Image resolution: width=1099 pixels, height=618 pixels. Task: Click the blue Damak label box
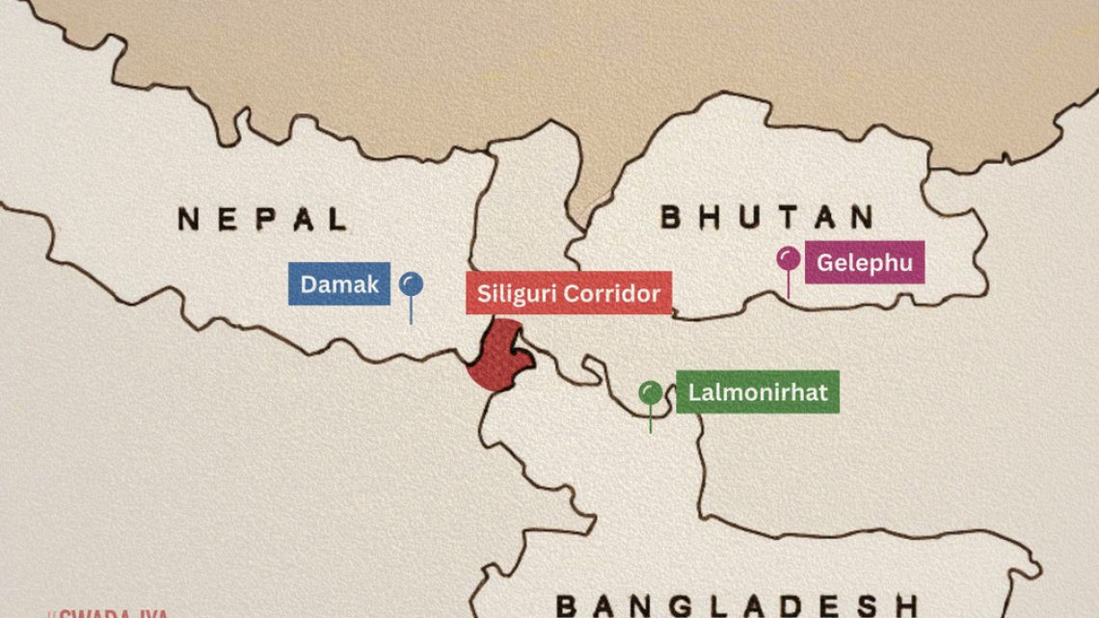tap(338, 284)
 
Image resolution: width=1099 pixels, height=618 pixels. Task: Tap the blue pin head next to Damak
tap(412, 283)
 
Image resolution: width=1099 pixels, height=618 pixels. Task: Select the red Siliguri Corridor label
tap(569, 293)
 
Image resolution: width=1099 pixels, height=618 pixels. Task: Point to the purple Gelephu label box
tap(864, 262)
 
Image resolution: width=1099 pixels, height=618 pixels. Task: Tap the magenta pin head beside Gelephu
tap(789, 258)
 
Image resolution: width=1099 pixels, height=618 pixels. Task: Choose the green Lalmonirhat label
tap(757, 392)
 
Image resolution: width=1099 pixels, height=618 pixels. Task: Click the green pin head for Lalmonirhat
tap(651, 391)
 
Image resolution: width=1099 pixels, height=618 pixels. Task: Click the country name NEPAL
tap(261, 219)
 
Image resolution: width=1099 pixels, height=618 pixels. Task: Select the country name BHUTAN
tap(766, 217)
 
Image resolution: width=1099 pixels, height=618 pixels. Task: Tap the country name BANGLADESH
tap(737, 605)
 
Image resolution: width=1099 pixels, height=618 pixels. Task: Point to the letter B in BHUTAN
tap(672, 217)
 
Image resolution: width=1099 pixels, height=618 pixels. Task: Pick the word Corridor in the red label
tap(613, 293)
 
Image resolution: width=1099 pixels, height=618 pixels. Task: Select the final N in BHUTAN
tap(862, 217)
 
